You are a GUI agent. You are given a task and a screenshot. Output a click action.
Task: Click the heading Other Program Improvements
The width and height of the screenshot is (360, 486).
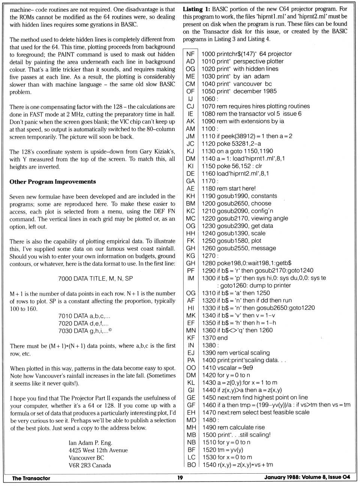point(53,182)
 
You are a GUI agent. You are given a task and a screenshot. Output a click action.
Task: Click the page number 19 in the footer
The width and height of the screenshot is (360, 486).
point(180,478)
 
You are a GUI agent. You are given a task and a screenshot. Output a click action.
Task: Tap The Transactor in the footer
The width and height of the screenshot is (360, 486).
point(31,478)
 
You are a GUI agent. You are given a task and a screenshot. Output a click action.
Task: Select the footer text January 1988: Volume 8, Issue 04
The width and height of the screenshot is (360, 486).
point(307,477)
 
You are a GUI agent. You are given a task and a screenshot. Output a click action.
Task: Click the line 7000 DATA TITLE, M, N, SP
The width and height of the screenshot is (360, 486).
point(95,278)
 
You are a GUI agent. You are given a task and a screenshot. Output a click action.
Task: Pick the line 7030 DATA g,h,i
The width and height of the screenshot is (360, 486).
point(85,331)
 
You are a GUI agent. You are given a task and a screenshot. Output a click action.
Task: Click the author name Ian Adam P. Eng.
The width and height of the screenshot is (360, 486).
point(90,443)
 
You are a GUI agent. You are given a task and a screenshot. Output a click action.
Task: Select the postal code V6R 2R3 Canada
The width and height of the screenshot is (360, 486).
point(90,465)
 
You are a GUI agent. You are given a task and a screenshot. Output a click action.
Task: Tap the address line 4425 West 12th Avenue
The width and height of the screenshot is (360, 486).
point(98,450)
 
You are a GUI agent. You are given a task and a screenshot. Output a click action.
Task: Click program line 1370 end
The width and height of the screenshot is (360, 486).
point(215,338)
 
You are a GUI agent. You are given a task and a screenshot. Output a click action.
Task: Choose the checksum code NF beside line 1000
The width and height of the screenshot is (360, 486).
point(190,54)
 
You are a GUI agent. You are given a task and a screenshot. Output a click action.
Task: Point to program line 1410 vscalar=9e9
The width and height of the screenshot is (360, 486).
point(228,368)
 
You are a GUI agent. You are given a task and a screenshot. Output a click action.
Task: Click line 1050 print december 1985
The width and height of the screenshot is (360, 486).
point(239,91)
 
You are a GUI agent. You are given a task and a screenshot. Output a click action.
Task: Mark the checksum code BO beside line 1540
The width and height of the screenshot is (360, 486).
point(191,465)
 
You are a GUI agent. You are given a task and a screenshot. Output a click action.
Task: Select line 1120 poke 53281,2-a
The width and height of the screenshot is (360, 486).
point(231,144)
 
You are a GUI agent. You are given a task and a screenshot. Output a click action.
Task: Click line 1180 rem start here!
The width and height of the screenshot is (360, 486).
point(229,188)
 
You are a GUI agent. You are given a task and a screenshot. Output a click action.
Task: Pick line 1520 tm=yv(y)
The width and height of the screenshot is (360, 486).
point(223,450)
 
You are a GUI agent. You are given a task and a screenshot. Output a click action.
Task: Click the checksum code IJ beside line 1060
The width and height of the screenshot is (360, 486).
point(190,99)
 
